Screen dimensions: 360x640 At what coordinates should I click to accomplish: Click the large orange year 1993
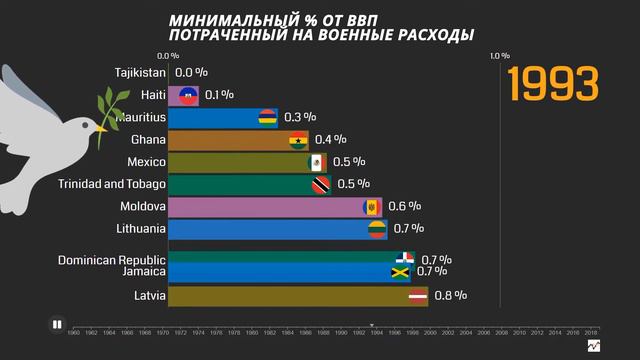pos(553,85)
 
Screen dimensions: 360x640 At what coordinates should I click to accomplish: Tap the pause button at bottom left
pos(58,323)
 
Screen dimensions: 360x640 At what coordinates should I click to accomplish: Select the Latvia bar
pos(290,296)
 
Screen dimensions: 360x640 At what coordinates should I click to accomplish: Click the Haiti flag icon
pos(187,95)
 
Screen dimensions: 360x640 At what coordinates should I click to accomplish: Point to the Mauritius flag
pos(267,118)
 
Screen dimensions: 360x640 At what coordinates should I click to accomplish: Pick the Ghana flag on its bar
pos(296,140)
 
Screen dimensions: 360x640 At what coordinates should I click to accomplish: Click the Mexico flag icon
pos(317,162)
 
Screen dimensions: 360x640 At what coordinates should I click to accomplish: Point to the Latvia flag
pos(418,296)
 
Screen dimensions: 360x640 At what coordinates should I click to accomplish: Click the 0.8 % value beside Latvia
pos(451,296)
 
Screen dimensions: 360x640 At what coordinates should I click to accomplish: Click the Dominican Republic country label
pos(111,259)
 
